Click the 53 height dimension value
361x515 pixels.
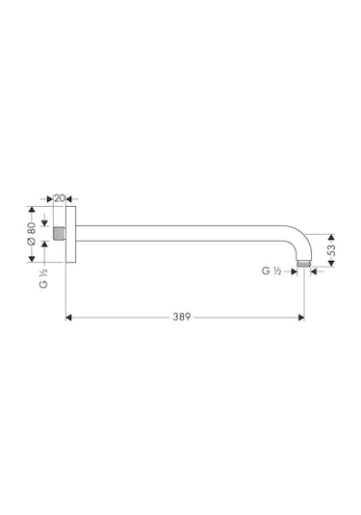[330, 248]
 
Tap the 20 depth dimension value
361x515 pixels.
[60, 197]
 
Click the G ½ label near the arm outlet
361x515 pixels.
[271, 272]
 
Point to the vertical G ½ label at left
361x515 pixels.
[43, 280]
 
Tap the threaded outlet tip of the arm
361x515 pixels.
[304, 261]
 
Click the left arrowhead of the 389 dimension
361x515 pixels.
[68, 316]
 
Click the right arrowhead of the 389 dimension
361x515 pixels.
[301, 316]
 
